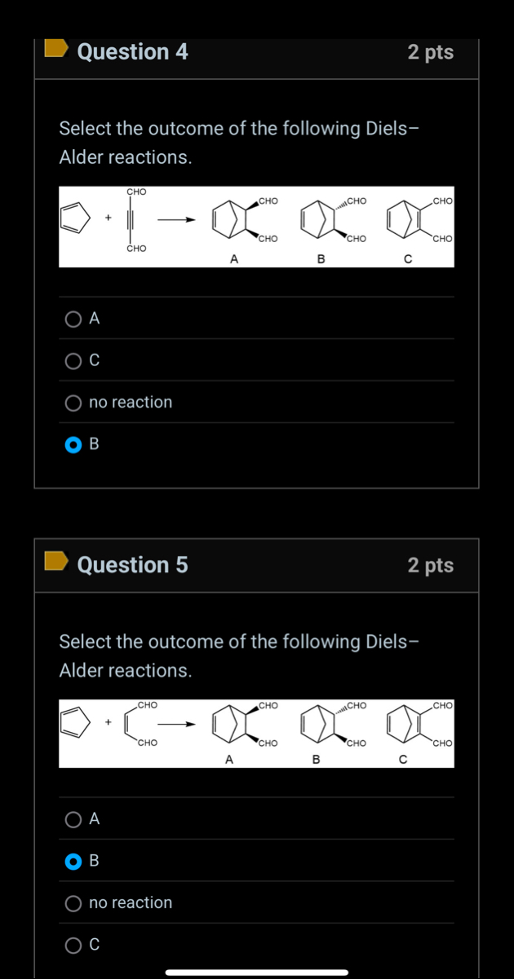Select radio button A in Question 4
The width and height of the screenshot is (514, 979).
74,319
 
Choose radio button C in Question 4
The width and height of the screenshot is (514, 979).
74,360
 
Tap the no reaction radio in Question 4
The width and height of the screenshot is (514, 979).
74,403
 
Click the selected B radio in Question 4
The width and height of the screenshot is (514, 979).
74,445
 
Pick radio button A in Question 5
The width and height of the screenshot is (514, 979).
74,819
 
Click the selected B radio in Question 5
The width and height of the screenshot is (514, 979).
74,861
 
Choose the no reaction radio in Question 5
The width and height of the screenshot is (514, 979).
74,903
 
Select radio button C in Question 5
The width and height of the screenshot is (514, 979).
74,945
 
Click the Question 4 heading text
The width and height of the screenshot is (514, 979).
132,52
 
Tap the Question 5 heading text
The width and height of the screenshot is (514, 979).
132,565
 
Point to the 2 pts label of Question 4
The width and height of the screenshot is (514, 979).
430,52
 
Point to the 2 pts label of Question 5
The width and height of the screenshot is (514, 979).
430,565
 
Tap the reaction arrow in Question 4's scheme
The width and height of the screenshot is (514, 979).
177,219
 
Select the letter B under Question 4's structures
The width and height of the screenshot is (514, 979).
321,259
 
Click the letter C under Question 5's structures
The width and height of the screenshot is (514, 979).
402,760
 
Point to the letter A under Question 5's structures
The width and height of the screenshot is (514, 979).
228,760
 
